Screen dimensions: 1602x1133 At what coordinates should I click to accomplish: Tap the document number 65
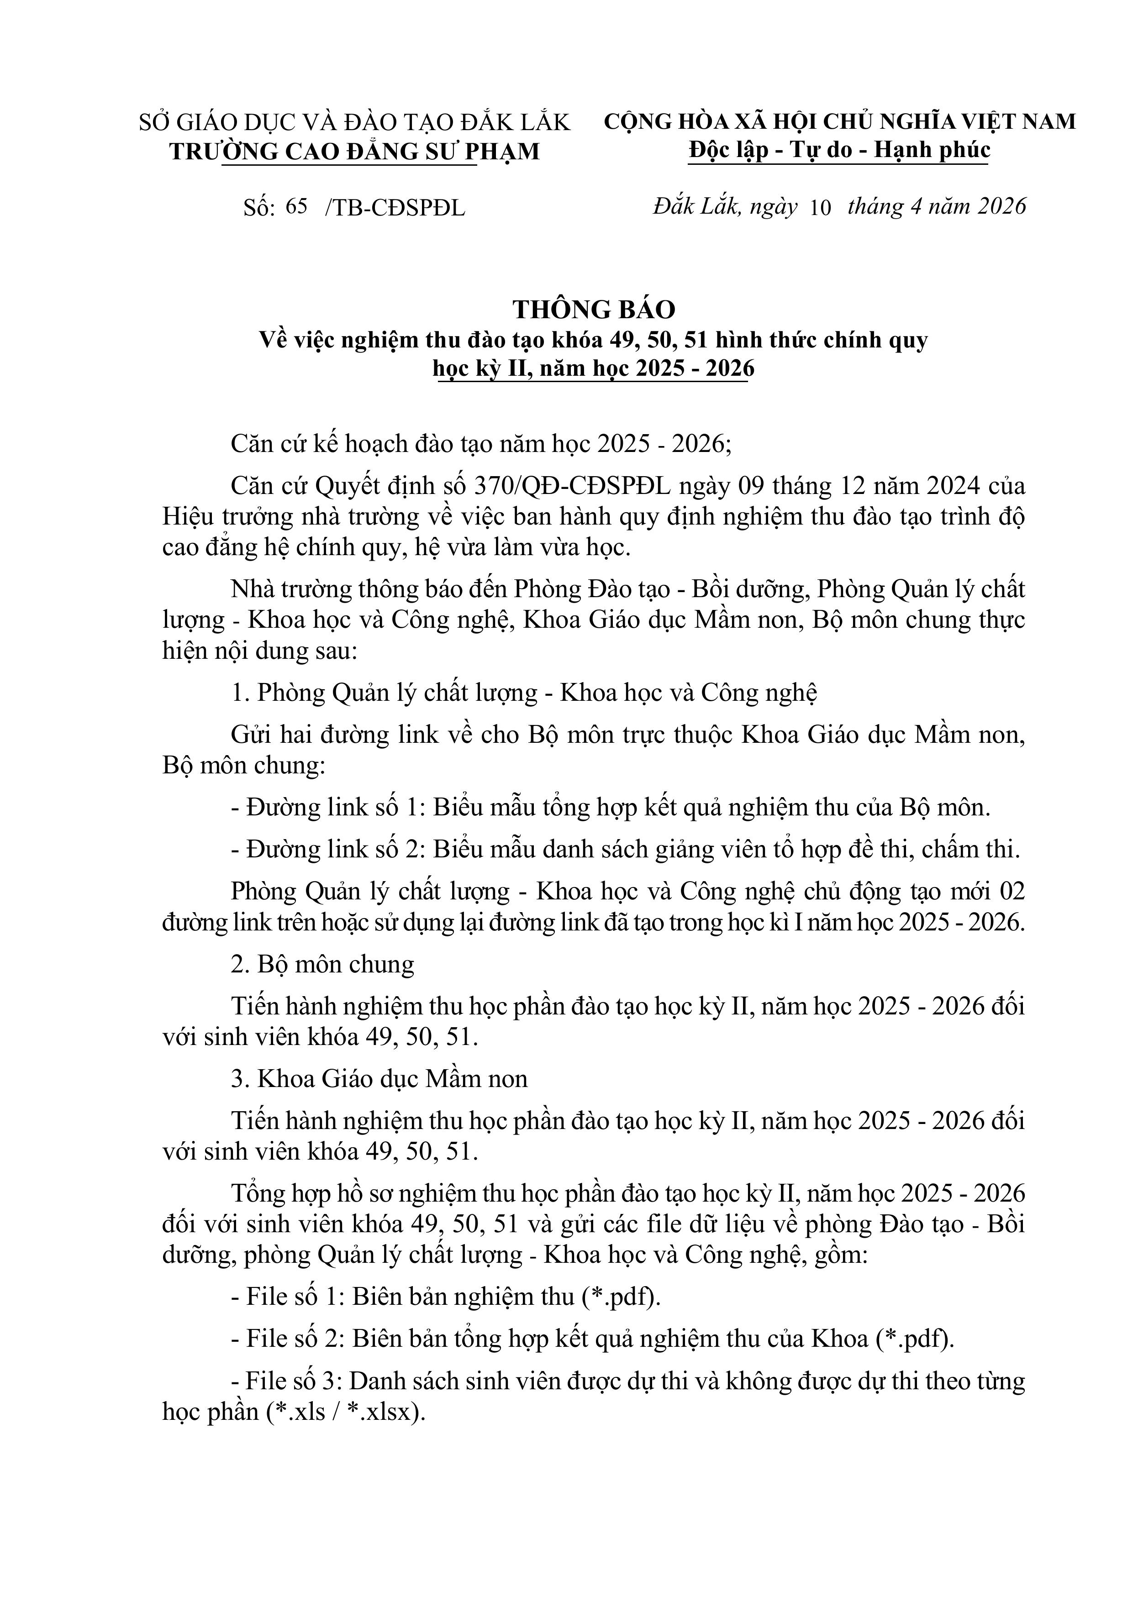click(296, 207)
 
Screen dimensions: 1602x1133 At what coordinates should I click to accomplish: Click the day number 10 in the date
click(821, 208)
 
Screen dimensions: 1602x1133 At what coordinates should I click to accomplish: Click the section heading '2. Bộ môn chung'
click(322, 964)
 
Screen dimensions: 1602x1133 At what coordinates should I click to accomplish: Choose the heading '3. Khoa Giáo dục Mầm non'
click(379, 1079)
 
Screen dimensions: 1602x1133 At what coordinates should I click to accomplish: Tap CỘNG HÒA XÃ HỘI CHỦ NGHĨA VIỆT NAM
click(839, 121)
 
